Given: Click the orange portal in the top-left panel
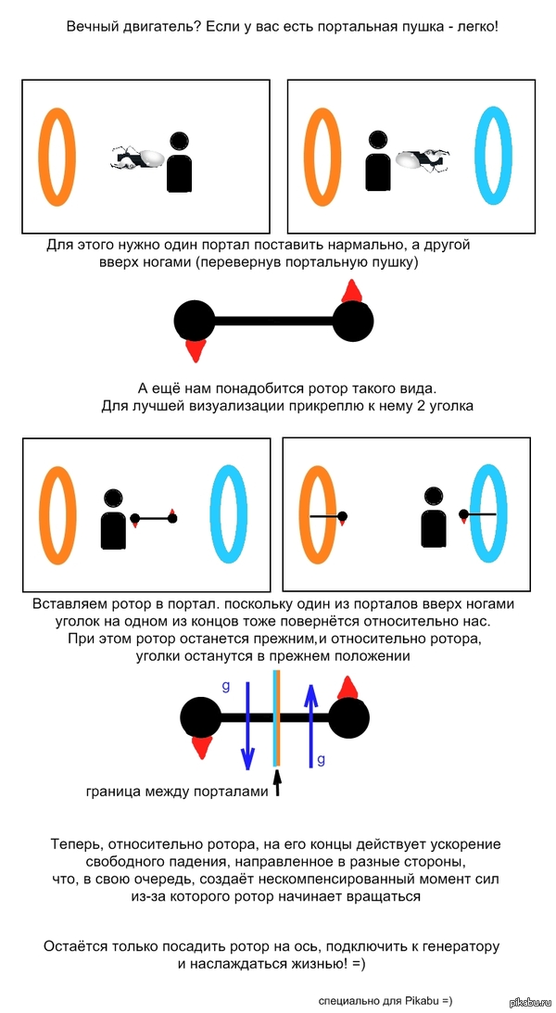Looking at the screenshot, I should click(x=55, y=158).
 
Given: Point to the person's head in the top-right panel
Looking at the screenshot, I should click(x=377, y=140).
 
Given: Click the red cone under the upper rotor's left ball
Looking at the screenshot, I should click(x=195, y=349).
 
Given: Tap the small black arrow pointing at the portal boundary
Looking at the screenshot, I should click(x=275, y=789).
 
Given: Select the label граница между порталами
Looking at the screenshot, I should click(x=177, y=791).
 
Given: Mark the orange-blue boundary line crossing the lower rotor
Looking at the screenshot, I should click(x=276, y=718).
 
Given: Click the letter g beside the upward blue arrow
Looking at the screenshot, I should click(x=321, y=759).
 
